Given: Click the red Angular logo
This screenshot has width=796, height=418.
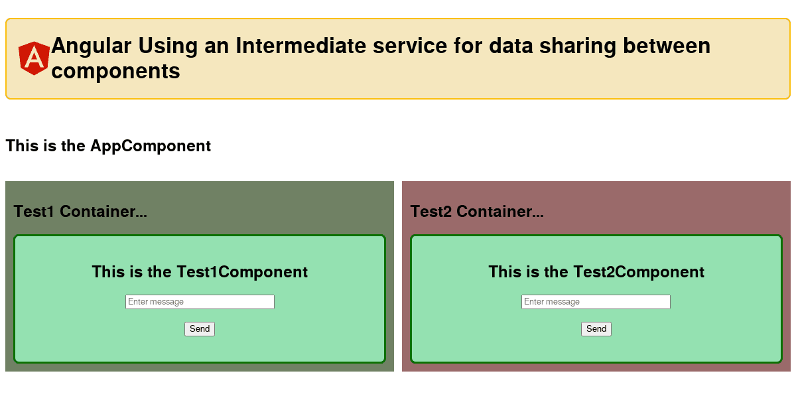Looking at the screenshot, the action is (x=34, y=58).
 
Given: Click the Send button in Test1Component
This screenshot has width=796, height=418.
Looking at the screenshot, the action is (x=200, y=329).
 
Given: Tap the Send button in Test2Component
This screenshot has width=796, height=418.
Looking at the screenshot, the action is (x=596, y=329).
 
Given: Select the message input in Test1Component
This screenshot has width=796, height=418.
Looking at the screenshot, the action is (x=200, y=302).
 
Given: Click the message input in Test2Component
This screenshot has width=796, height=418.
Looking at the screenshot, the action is (x=596, y=302).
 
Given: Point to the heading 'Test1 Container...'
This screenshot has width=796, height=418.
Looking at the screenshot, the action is (x=80, y=212).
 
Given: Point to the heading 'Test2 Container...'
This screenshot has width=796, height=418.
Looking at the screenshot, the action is (x=477, y=212).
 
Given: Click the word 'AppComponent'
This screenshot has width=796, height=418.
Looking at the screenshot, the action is (x=151, y=146).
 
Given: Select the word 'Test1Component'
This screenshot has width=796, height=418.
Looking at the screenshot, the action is (x=242, y=272).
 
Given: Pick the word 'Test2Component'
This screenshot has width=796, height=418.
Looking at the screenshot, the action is (x=639, y=272).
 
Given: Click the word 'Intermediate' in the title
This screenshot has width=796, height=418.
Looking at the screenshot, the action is (x=300, y=46).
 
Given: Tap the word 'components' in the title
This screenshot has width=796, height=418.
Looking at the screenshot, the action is (x=115, y=71).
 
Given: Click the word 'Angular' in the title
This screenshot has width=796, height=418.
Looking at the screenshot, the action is (x=92, y=46).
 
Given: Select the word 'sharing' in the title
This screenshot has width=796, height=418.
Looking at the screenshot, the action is (x=578, y=46).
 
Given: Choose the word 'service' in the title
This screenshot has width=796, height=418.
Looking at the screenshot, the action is (x=410, y=46).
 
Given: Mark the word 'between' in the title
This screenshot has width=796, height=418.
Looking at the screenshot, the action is (x=667, y=46).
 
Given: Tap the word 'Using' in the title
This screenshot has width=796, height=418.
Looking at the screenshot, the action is (x=168, y=46).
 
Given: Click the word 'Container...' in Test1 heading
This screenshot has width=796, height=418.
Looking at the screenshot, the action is (x=103, y=212).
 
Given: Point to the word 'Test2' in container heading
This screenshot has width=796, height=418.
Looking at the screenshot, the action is (x=431, y=212).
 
